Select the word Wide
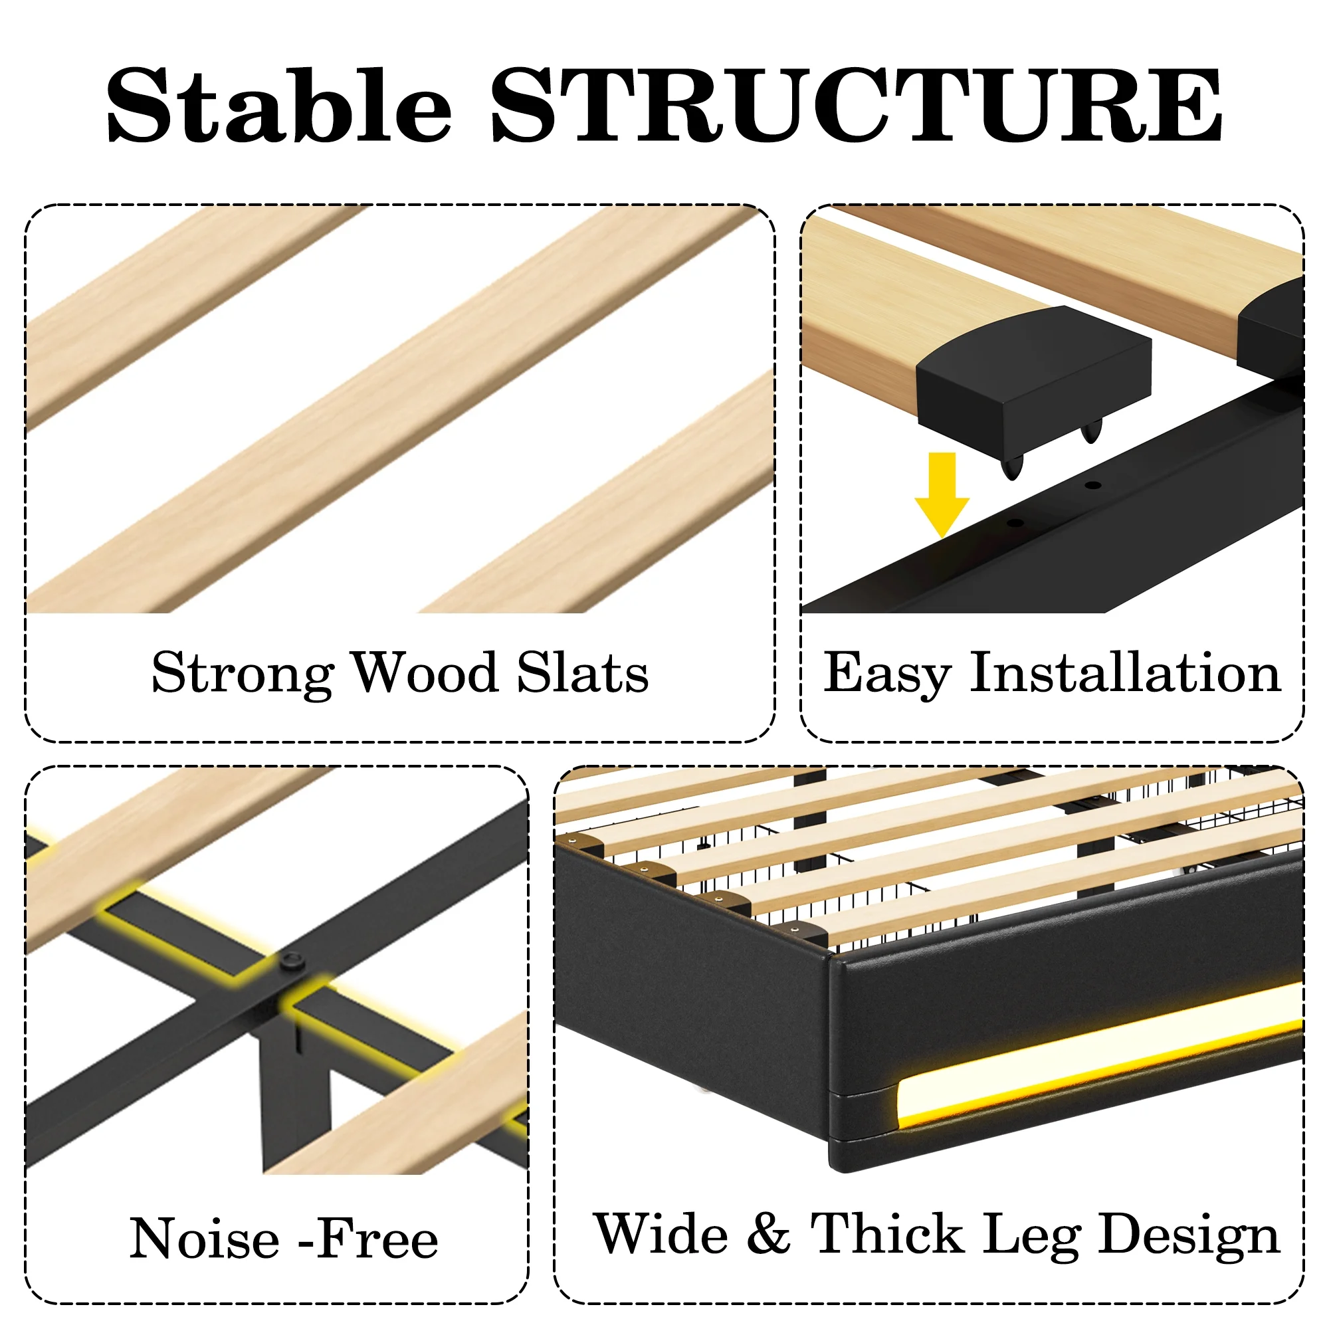click(x=661, y=1233)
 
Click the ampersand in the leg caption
click(x=768, y=1233)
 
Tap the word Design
click(x=1189, y=1237)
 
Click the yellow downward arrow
click(x=942, y=494)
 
